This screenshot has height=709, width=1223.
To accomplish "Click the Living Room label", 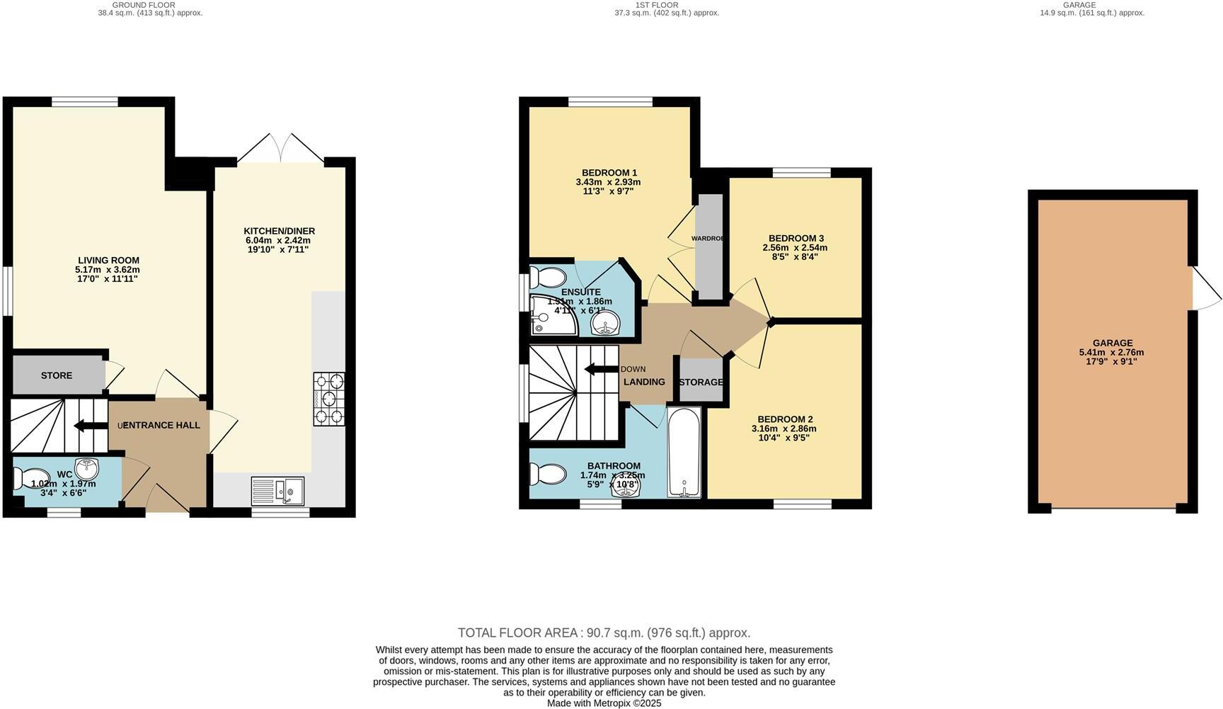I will click(x=108, y=260).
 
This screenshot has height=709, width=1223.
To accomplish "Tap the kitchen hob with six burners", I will click(x=329, y=399).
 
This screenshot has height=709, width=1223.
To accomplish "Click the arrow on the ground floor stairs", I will click(x=89, y=426).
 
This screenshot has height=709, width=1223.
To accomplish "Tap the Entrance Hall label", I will click(x=162, y=425).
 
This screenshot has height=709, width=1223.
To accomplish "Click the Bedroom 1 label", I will click(x=609, y=173).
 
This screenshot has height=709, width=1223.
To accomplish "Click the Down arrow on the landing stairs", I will click(x=600, y=368).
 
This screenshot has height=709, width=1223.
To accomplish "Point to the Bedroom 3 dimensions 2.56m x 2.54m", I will click(x=795, y=248).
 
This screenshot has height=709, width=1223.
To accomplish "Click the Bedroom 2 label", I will click(x=784, y=419).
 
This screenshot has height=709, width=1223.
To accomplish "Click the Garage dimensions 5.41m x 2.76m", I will click(x=1111, y=352).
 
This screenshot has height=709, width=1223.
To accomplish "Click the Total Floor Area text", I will click(x=604, y=633).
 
